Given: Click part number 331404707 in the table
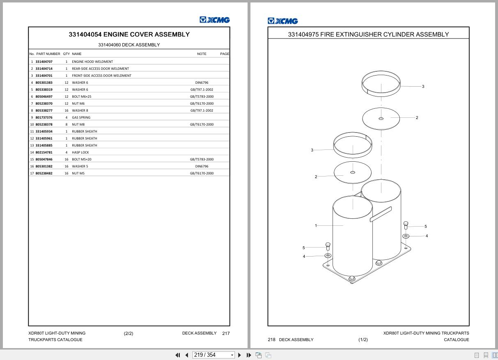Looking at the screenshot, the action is tap(44, 62).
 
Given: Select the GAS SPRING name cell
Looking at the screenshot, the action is tap(81, 117).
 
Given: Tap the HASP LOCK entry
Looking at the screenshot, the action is tap(80, 152).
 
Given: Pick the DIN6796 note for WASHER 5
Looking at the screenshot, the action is tap(202, 166).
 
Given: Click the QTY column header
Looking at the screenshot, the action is tap(66, 54).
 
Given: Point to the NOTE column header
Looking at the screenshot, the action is tap(202, 54).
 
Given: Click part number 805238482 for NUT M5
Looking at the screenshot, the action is tap(44, 173).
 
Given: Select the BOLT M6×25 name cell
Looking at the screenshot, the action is tap(82, 96).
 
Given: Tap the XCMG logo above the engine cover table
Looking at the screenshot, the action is tap(215, 20).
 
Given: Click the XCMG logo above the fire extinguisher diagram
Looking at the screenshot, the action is tap(283, 21).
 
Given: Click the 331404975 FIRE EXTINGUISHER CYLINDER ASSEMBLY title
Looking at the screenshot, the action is tap(368, 34).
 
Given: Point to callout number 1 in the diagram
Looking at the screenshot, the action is tap(316, 225).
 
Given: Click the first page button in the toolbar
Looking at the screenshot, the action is tap(178, 355).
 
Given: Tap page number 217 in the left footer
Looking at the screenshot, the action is tap(226, 333).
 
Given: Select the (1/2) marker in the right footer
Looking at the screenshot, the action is tap(363, 339).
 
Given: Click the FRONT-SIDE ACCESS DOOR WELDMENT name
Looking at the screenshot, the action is tap(101, 76).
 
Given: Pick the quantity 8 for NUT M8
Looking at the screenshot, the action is tap(66, 124).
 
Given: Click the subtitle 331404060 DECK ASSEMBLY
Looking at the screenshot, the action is tap(129, 45).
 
